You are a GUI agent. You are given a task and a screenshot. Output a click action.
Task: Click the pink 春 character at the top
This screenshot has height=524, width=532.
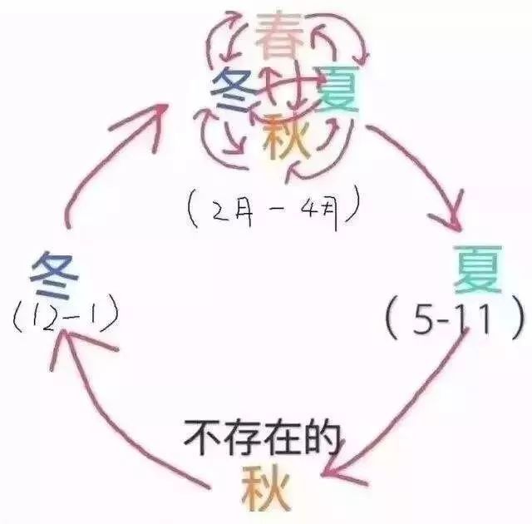pyautogui.click(x=279, y=35)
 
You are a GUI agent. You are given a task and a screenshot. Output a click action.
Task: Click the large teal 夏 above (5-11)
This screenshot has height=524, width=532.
pyautogui.click(x=478, y=269)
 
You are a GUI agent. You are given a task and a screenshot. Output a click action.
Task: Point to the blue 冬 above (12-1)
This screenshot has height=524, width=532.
pyautogui.click(x=54, y=275)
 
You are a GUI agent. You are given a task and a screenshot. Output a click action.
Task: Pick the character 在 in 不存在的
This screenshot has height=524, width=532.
pyautogui.click(x=283, y=437)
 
